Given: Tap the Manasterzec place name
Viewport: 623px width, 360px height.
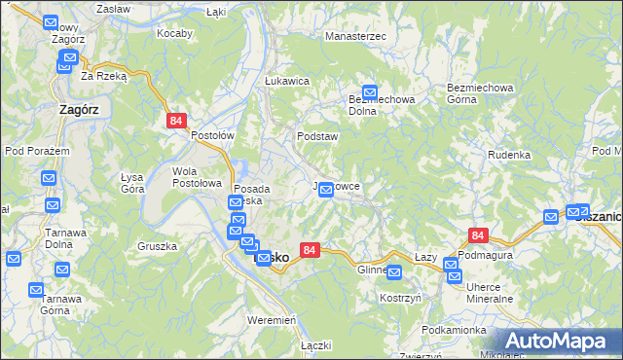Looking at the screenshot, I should (x=356, y=36).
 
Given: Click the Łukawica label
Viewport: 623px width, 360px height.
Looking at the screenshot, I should (x=287, y=82).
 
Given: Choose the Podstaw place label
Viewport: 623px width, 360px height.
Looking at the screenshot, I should (x=317, y=137).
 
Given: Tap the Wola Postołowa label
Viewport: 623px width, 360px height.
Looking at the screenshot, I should (x=198, y=177).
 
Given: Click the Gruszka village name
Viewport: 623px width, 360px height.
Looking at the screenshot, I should (x=157, y=246).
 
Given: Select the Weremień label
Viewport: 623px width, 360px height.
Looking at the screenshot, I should (x=272, y=320).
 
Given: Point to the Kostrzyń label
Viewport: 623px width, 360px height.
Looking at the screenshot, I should (x=400, y=298).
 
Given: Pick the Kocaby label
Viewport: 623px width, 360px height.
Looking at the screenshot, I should (x=175, y=32).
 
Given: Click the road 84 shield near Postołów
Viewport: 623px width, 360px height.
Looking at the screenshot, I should (x=175, y=121).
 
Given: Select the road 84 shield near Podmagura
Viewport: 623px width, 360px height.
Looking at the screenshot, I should (x=477, y=235).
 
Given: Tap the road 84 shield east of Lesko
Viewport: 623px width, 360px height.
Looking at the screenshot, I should (x=310, y=250).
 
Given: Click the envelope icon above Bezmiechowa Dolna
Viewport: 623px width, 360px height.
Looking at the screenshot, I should (x=370, y=91).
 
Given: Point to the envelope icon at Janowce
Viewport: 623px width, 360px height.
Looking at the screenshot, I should (x=327, y=190).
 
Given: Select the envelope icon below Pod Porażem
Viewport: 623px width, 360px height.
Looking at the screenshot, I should (x=48, y=178).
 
